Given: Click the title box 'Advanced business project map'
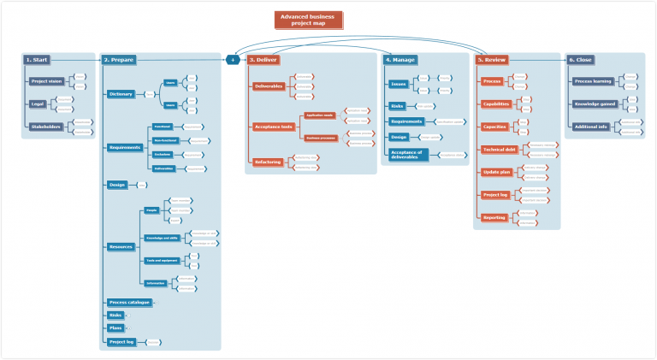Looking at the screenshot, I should [308, 20].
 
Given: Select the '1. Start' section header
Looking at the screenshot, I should [37, 60].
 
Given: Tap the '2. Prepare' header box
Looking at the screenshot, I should [118, 60].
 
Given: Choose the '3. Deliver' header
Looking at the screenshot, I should [263, 60].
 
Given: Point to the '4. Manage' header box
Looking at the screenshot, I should [400, 60].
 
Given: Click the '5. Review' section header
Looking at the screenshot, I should [492, 60].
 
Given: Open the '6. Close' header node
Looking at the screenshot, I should [581, 60].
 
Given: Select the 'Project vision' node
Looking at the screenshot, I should [47, 81].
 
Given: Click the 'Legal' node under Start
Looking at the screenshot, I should [38, 104].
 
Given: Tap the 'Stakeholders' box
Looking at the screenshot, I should [45, 127].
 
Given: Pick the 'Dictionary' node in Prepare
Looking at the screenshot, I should [121, 94].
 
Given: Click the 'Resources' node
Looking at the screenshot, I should [120, 246].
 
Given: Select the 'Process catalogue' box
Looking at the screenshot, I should [129, 302].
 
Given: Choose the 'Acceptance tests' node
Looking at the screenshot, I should [274, 127].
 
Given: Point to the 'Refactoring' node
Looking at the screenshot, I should [268, 162].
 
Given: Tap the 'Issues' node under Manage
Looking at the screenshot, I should [398, 84].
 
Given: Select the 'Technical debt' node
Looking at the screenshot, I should [499, 150].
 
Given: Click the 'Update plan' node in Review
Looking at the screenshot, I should [495, 173].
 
